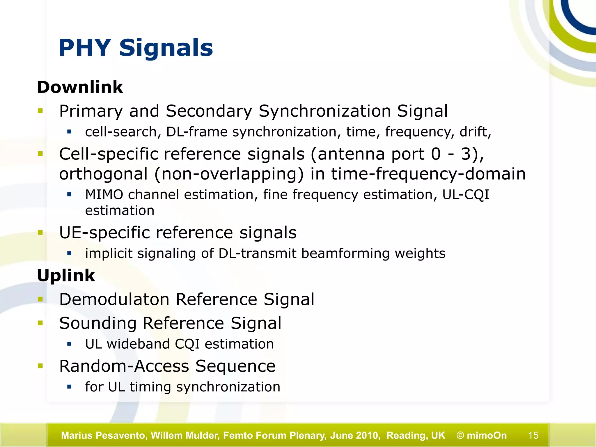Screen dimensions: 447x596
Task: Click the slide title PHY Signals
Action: (136, 48)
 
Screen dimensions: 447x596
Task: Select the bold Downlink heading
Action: (80, 87)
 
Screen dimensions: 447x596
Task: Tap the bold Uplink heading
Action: (66, 275)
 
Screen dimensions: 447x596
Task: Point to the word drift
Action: (474, 132)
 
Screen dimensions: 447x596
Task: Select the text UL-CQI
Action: (466, 194)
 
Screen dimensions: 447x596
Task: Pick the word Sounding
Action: (98, 323)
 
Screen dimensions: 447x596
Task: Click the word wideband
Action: (138, 344)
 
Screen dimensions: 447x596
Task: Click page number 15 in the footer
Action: (533, 435)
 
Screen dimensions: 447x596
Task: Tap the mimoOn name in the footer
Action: (487, 435)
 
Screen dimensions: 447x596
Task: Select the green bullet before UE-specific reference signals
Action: (40, 232)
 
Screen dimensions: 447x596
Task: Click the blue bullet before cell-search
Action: (69, 132)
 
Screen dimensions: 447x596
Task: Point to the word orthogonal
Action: (104, 174)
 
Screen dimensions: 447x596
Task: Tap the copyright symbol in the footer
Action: (460, 435)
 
